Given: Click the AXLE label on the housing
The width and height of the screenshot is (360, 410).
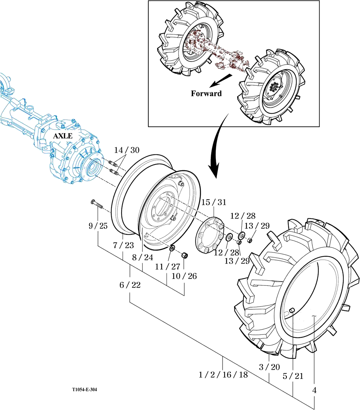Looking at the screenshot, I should (x=62, y=136).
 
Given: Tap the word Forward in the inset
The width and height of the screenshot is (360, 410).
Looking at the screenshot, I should (x=206, y=93).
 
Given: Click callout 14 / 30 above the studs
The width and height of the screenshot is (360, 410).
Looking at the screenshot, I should (x=127, y=150).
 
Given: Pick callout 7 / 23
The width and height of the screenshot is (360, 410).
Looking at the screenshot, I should (x=124, y=245).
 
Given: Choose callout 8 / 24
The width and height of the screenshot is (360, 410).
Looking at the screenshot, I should (x=143, y=257).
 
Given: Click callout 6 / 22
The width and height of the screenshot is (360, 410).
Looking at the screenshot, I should (x=130, y=285).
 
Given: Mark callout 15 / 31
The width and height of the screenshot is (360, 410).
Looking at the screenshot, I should (x=214, y=202).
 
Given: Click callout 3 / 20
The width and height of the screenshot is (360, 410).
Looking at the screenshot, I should (x=269, y=367).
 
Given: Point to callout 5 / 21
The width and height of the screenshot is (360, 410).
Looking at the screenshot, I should (x=293, y=376).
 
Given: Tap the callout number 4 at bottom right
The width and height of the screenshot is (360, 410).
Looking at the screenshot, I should (x=314, y=390).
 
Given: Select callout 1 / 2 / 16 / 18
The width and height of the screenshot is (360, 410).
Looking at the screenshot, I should (x=223, y=375).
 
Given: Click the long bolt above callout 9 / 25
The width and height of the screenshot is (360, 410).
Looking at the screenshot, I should (x=97, y=204).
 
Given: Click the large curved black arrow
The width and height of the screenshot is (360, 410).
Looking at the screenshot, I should (x=217, y=148).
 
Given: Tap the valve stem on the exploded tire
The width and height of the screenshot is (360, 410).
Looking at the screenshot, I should (x=292, y=311).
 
